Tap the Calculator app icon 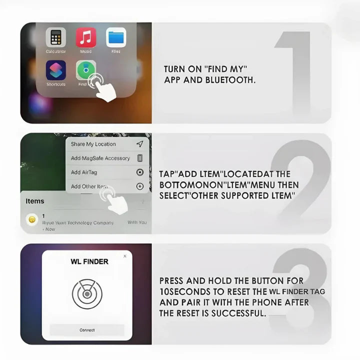[x=56, y=37]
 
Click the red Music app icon [x=86, y=37]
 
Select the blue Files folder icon [x=116, y=37]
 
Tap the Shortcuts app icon [x=56, y=70]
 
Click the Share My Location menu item [x=93, y=144]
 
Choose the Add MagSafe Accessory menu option [x=100, y=158]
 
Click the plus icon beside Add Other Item [x=140, y=186]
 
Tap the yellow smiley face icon [x=32, y=219]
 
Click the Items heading [x=35, y=201]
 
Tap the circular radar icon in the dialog [x=87, y=293]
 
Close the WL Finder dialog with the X [x=125, y=256]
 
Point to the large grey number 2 [x=300, y=185]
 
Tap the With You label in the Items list [x=137, y=222]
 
